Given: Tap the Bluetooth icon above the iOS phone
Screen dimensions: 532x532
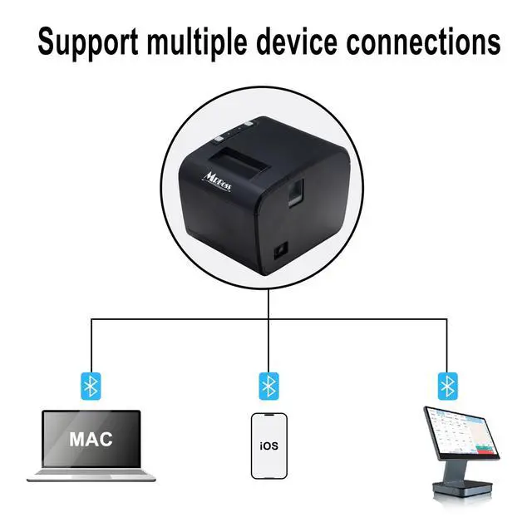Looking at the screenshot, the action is [268, 385].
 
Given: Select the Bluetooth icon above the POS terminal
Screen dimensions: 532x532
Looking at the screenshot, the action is [447, 385].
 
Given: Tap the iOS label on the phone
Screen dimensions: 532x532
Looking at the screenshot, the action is [268, 446].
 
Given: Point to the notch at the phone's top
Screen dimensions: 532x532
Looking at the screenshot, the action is [268, 417].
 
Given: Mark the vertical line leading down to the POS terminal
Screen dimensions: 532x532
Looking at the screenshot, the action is [447, 345].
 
